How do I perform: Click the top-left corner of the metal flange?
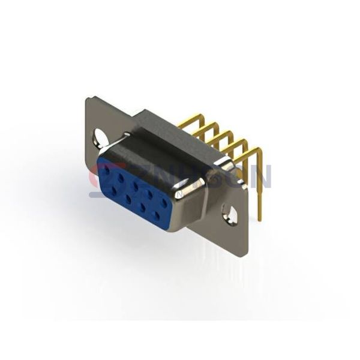click(88, 100)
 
